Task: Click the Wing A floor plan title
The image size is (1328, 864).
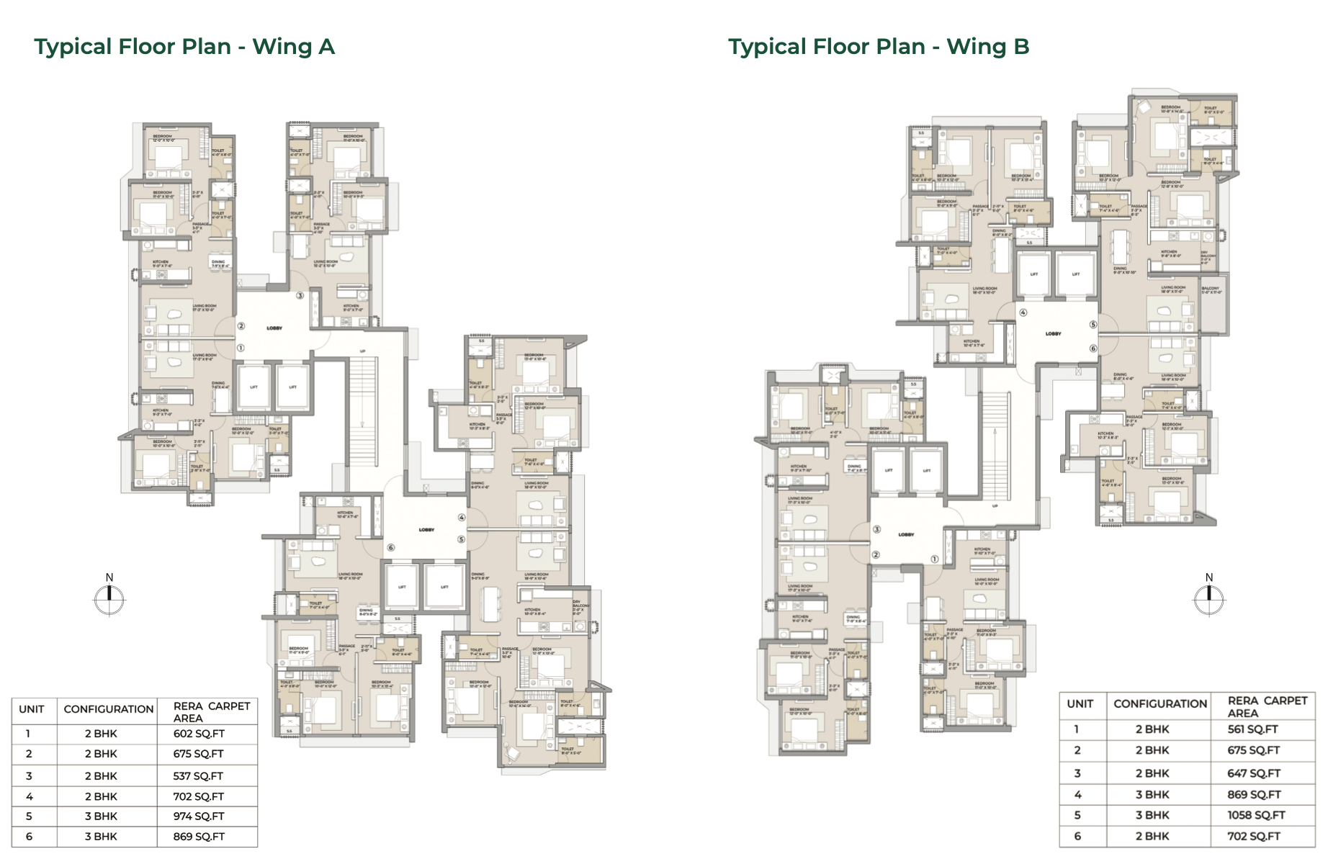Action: click(184, 47)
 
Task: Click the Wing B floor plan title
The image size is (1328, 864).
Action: click(879, 47)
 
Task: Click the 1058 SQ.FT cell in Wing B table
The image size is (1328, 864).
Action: click(1256, 815)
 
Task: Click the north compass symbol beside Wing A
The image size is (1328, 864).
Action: click(109, 599)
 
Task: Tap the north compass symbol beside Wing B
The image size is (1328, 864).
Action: click(1208, 599)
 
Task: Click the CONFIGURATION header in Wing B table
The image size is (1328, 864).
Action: click(1160, 704)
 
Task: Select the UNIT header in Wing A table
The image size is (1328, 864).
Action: click(32, 709)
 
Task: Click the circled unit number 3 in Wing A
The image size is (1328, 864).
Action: click(300, 295)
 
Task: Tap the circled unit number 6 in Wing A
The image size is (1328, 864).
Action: click(391, 547)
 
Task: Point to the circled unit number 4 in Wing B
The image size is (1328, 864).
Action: click(1023, 312)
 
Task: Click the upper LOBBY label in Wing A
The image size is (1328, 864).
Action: click(274, 328)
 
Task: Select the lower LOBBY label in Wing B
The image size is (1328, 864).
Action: click(906, 534)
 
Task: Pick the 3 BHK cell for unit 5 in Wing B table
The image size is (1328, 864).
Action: click(1152, 815)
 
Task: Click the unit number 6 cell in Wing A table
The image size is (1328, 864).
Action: click(29, 837)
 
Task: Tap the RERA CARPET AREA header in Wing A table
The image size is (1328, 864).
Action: click(211, 712)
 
